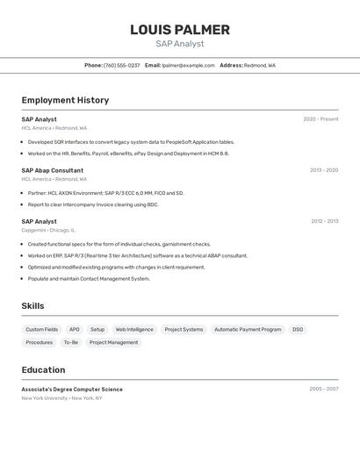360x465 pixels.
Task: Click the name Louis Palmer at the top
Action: point(180,30)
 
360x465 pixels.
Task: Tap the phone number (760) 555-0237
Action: point(121,65)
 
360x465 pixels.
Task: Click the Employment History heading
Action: point(65,100)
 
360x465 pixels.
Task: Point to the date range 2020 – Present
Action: point(320,119)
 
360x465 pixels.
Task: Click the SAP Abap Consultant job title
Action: point(53,170)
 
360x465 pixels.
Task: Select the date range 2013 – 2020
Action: point(323,170)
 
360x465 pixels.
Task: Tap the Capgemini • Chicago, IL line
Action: point(48,230)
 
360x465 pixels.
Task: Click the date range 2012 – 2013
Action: point(324,222)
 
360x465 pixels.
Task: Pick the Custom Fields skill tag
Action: point(41,330)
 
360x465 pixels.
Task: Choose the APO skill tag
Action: point(75,330)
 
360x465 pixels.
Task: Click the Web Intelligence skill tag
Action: point(134,330)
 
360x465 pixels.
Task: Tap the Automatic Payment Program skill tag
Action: point(248,330)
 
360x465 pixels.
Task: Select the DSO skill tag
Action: point(298,330)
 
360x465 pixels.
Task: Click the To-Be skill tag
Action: point(70,343)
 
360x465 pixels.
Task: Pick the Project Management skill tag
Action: point(114,343)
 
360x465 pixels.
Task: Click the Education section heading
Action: point(43,370)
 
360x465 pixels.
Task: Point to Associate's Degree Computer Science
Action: point(72,390)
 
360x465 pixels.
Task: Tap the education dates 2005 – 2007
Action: point(323,390)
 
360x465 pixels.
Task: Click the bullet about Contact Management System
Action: point(89,279)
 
